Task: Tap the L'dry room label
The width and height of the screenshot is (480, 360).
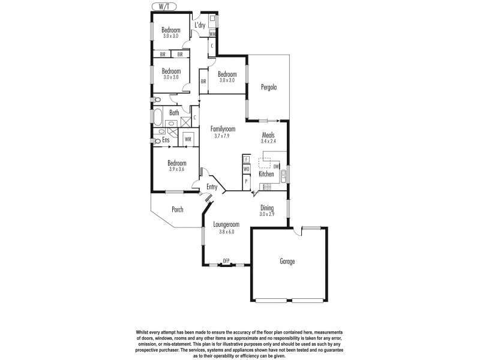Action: [x=200, y=25]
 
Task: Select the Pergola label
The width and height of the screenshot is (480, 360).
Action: [x=268, y=88]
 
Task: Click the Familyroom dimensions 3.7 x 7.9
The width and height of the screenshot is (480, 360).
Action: [x=223, y=136]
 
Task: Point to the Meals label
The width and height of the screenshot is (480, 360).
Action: [x=268, y=135]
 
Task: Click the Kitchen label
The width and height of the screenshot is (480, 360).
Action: [x=266, y=174]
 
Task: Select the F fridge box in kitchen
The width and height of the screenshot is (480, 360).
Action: [x=246, y=159]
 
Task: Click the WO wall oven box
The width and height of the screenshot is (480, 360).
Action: [x=246, y=169]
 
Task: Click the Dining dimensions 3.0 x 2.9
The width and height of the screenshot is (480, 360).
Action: [x=268, y=214]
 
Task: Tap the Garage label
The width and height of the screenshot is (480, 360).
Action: [x=287, y=262]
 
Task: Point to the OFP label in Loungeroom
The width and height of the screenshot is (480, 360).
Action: [x=226, y=260]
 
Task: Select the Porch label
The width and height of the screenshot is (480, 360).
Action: [x=177, y=209]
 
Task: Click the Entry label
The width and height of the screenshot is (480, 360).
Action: [x=212, y=187]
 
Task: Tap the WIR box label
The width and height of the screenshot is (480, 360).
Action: [x=188, y=139]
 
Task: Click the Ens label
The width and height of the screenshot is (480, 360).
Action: [x=165, y=140]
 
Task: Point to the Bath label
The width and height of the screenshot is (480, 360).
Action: [x=174, y=113]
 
